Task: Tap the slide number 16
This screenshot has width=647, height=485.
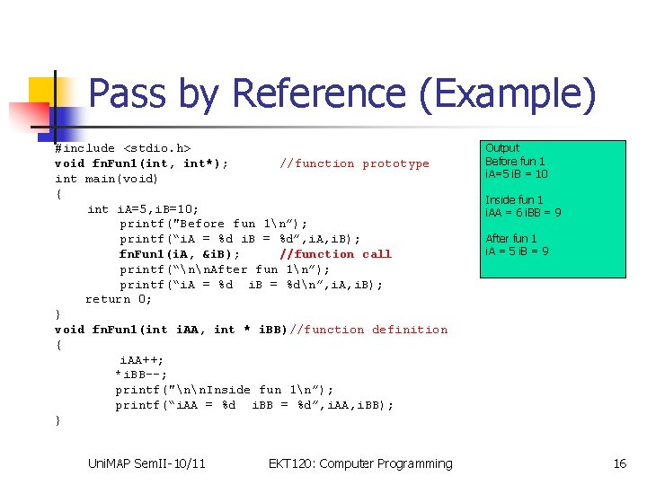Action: tap(619, 463)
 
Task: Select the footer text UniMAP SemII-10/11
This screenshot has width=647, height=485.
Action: tap(146, 463)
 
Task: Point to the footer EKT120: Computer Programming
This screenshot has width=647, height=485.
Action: tap(360, 463)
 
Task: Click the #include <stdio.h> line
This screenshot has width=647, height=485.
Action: tap(122, 148)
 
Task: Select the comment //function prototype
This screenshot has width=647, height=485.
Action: tap(354, 163)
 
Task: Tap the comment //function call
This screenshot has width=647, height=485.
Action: tap(335, 254)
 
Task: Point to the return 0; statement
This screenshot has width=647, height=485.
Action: tap(119, 299)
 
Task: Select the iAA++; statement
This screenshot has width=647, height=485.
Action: tap(141, 359)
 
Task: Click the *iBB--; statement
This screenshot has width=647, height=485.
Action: tap(141, 375)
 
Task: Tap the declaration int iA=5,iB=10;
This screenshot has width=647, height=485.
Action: tap(143, 208)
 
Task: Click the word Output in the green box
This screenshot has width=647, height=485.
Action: tap(502, 148)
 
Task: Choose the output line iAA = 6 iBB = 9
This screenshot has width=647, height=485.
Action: tap(523, 213)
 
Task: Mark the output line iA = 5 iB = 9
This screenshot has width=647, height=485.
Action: tap(517, 251)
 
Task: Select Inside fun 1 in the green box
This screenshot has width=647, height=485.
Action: tap(514, 200)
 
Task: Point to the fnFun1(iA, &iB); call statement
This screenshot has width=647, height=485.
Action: tap(179, 254)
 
